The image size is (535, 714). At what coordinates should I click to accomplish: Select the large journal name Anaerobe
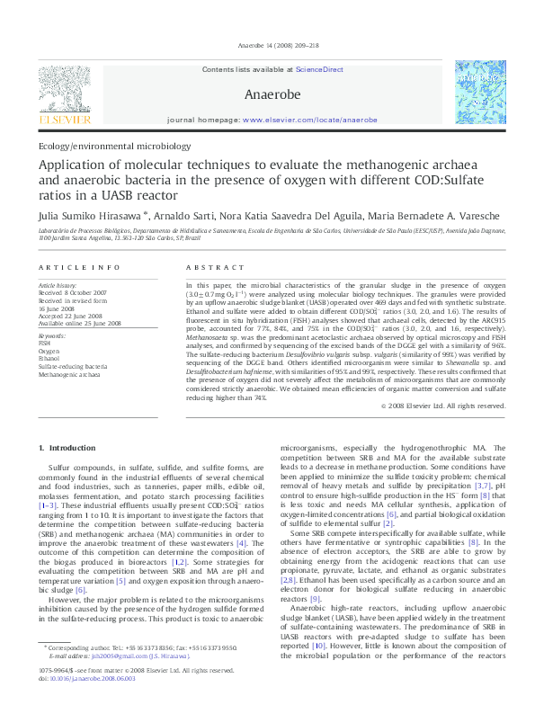[x=267, y=94]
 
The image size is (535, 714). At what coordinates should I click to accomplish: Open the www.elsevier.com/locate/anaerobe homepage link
[x=309, y=120]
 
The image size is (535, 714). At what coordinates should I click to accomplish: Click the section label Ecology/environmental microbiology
[x=114, y=145]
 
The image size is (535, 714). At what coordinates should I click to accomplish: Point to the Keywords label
[x=53, y=335]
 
